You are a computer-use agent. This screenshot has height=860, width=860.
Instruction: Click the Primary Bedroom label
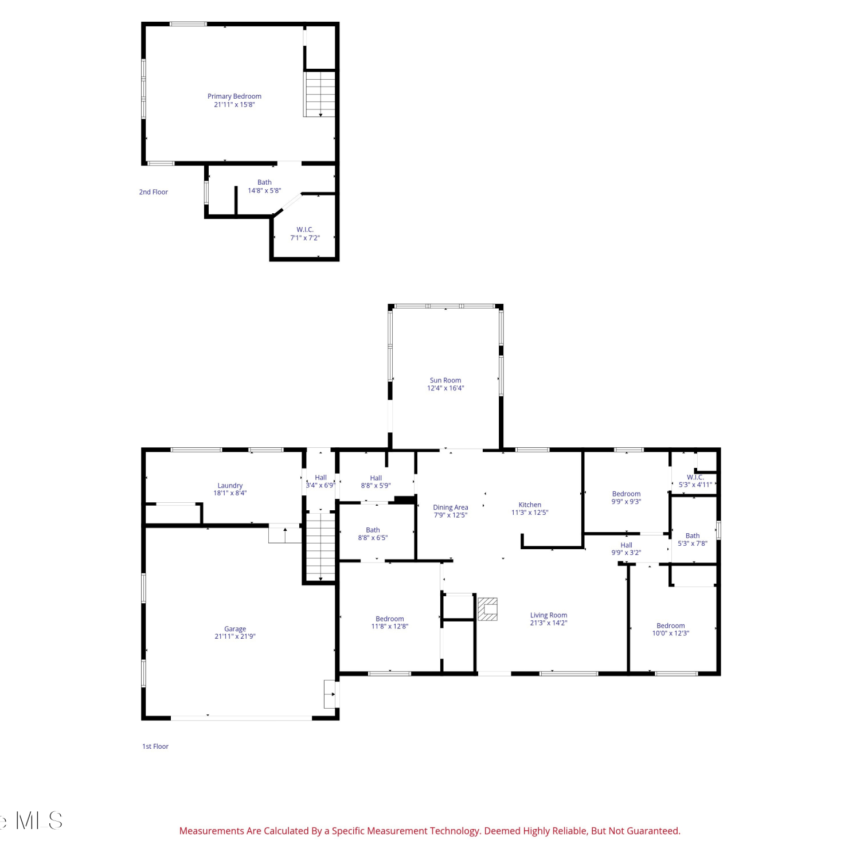[x=234, y=96]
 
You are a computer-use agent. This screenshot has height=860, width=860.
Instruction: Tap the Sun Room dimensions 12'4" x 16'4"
[x=445, y=388]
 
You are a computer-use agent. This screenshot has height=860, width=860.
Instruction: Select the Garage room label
[x=235, y=629]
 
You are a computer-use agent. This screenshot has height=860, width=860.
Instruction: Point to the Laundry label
[x=230, y=486]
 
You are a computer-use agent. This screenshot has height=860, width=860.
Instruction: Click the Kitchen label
[x=530, y=505]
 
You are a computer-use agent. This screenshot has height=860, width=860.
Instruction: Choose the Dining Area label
[x=451, y=507]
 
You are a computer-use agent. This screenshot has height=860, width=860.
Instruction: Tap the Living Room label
[x=549, y=615]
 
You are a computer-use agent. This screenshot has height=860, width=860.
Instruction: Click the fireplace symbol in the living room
[x=487, y=609]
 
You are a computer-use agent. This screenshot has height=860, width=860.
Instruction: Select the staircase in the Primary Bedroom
[x=320, y=94]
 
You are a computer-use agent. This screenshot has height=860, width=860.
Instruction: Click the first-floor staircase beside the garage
[x=320, y=547]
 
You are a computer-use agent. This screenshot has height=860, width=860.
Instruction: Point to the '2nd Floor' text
[x=154, y=192]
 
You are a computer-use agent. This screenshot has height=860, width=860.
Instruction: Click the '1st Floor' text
[x=155, y=746]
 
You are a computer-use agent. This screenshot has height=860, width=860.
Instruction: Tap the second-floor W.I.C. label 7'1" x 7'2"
[x=305, y=234]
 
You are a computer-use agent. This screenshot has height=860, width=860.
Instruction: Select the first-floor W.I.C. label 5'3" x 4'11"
[x=695, y=481]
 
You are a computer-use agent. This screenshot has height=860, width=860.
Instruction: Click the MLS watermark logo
[x=32, y=821]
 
